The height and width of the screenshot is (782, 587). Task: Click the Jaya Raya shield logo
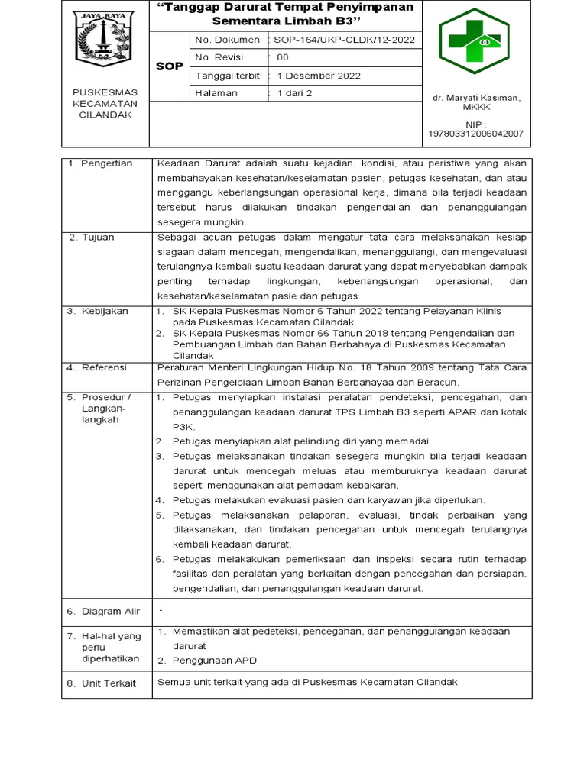[105, 38]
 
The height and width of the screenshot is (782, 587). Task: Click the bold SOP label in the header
[169, 66]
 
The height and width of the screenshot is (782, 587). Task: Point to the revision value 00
[283, 57]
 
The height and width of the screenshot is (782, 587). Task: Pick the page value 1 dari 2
[295, 93]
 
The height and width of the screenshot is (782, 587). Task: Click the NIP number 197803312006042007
[475, 134]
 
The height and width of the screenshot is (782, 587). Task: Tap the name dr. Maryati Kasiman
[476, 99]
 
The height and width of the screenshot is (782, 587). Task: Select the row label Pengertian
[106, 163]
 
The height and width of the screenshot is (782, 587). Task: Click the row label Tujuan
[98, 238]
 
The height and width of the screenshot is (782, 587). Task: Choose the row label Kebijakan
[105, 311]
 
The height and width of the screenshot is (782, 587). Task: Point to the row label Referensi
[105, 367]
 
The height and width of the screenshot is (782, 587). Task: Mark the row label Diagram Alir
[112, 612]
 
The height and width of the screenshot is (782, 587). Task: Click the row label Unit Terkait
[109, 683]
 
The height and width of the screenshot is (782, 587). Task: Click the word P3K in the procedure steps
[181, 426]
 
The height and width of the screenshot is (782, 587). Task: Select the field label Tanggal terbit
[227, 76]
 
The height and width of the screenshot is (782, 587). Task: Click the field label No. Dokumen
[225, 40]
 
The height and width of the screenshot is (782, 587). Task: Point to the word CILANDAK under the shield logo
[105, 115]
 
